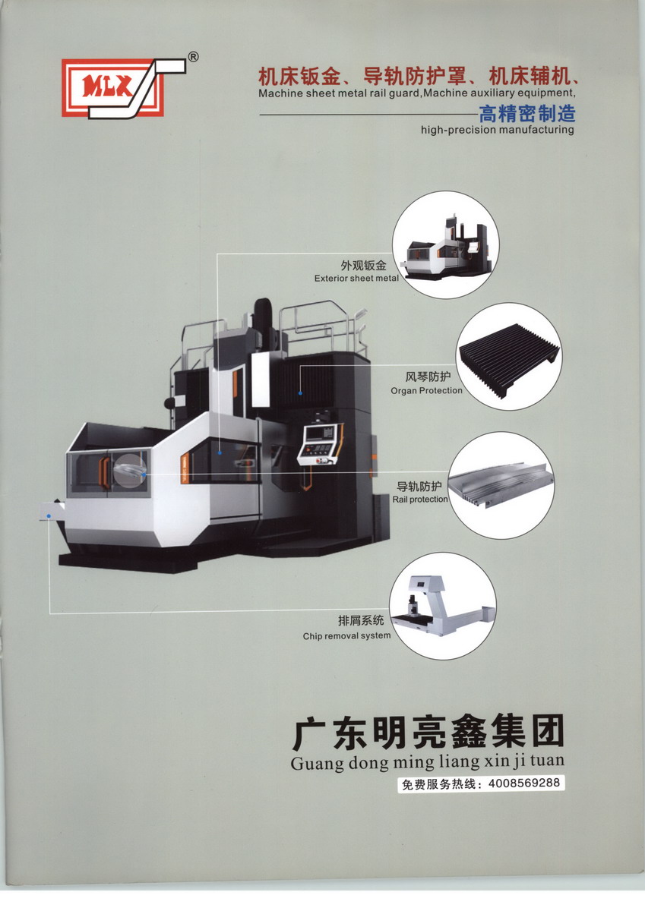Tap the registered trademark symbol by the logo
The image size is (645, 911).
point(194,57)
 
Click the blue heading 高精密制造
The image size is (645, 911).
point(527,113)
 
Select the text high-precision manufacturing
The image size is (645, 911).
point(498,130)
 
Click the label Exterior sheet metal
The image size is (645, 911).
point(356,279)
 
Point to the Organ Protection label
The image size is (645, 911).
point(426,391)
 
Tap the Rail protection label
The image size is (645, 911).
point(420,500)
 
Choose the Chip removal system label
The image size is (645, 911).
point(346,636)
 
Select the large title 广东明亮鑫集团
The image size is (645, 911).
point(427,733)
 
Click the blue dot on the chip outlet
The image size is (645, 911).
point(49,516)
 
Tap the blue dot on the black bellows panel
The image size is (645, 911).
point(300,393)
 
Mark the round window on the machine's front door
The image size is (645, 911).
point(130,470)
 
